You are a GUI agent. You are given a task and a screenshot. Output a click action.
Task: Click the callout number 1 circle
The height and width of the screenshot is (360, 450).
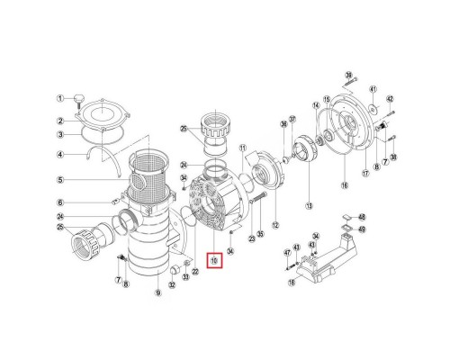[x=60, y=98]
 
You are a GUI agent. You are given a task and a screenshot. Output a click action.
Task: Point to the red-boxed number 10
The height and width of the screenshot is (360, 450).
[x=214, y=261]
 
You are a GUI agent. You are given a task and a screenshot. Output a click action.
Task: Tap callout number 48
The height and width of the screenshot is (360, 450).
[x=363, y=217]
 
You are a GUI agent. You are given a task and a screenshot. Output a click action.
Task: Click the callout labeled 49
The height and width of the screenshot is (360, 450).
[x=363, y=229]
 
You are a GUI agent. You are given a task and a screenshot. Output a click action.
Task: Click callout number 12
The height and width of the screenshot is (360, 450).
[x=275, y=225]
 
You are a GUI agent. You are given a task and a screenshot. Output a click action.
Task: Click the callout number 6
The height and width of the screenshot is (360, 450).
[x=60, y=203]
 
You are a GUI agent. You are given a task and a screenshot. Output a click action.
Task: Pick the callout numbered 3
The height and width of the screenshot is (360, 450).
[x=60, y=135]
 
